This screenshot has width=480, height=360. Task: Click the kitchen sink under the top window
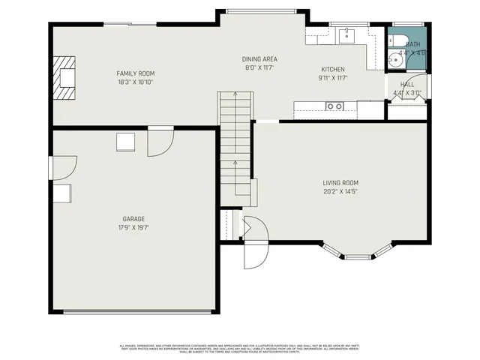click(x=346, y=34)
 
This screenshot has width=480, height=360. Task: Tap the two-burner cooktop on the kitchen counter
click(x=334, y=106)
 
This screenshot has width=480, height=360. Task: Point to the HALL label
click(x=407, y=85)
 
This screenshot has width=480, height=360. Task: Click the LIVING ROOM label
click(x=340, y=182)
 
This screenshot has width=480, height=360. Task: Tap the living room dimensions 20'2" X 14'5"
click(x=340, y=191)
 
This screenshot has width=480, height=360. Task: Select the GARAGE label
click(x=133, y=218)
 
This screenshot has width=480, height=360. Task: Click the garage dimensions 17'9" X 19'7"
click(x=133, y=227)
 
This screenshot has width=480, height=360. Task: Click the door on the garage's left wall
click(x=64, y=167)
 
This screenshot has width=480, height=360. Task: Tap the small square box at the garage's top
click(x=124, y=142)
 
